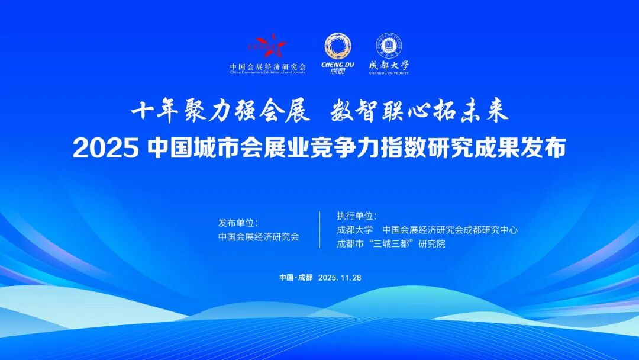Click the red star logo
[267, 46]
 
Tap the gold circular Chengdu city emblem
[337, 46]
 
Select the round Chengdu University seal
[388, 46]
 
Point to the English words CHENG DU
[337, 65]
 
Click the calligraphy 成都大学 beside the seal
[389, 65]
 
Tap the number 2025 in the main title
[106, 148]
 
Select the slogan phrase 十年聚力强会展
[220, 111]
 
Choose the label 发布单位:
[238, 223]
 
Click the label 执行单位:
[357, 216]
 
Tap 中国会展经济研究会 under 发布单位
[259, 237]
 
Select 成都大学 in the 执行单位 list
[354, 230]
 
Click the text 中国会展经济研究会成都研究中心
[450, 230]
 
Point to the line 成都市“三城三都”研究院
[391, 243]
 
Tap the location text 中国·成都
[296, 278]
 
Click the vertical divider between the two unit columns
[319, 230]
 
